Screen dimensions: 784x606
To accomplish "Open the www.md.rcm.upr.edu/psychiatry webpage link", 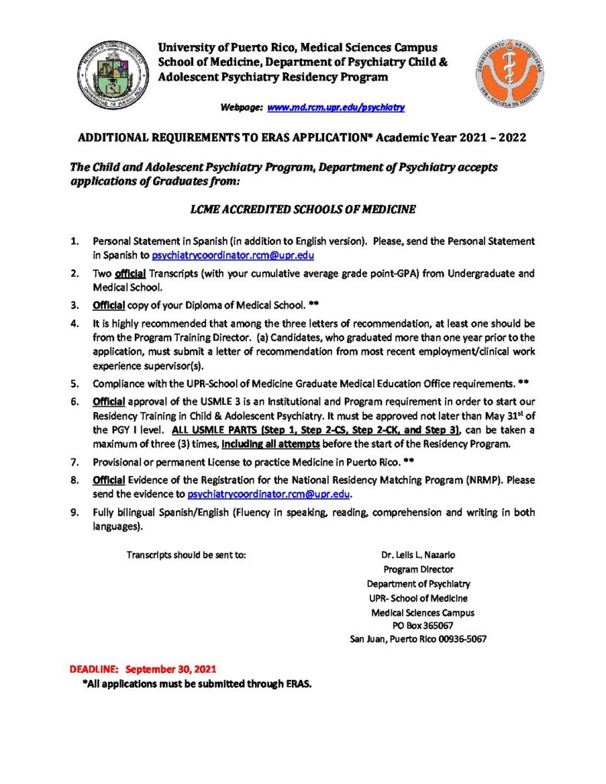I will tap(336, 108).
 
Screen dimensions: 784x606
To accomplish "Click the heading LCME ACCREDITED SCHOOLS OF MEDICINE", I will tap(303, 207).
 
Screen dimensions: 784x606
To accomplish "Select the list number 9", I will tap(74, 513).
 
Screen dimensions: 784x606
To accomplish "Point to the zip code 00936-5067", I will tap(461, 639).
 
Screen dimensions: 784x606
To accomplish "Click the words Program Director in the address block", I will tap(418, 569).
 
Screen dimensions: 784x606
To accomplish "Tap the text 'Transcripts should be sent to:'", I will tap(186, 554).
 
